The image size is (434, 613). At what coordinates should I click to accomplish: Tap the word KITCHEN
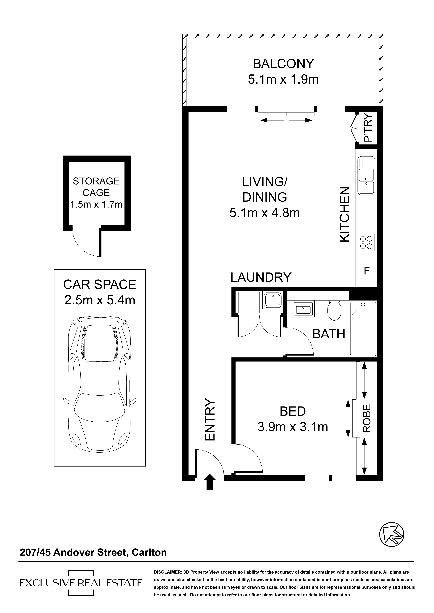tap(345, 215)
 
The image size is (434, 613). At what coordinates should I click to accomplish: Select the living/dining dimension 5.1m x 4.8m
tap(265, 213)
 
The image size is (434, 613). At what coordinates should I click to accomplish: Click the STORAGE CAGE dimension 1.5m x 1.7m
tap(96, 205)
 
